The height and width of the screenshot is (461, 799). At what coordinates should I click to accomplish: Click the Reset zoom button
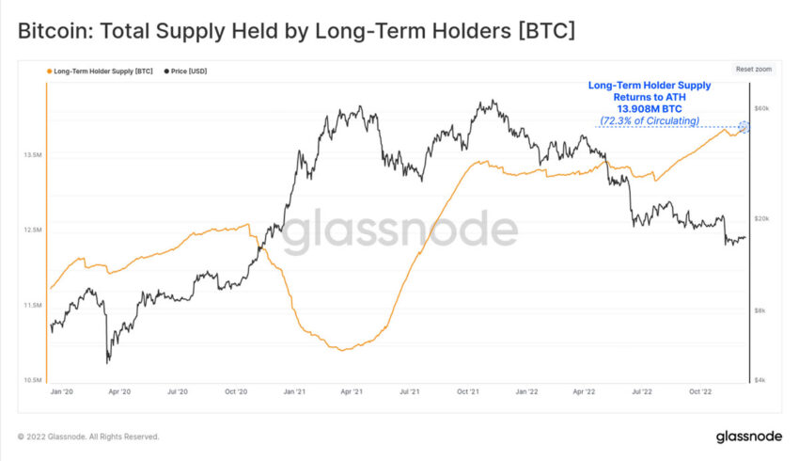click(752, 70)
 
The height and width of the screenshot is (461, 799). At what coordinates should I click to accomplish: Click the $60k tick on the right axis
click(761, 109)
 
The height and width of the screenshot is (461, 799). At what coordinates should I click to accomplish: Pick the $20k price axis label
click(761, 219)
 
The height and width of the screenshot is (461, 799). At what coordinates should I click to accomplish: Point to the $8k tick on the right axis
click(760, 310)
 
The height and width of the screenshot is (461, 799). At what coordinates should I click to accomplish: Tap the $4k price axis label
click(760, 380)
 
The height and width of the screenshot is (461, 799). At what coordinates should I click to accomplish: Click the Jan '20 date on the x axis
click(61, 390)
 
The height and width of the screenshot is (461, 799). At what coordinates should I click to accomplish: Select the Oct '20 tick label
click(236, 390)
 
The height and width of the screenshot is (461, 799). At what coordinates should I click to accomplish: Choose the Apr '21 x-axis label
click(352, 390)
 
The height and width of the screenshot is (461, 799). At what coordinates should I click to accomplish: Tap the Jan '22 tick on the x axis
click(526, 390)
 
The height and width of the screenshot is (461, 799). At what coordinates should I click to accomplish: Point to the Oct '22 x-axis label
click(700, 390)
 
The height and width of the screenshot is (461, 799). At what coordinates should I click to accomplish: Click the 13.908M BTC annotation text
click(650, 108)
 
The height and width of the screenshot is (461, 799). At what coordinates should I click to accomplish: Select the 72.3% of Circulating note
click(650, 120)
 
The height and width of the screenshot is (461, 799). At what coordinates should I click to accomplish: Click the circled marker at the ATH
click(745, 127)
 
